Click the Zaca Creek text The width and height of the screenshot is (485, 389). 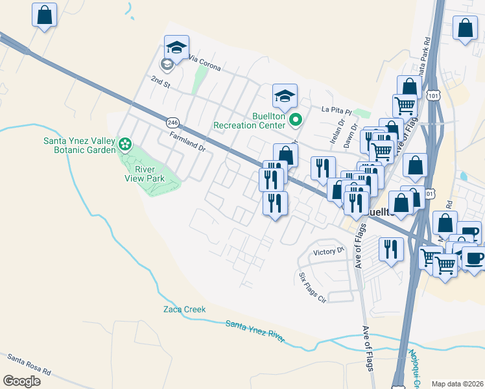tap(184, 309)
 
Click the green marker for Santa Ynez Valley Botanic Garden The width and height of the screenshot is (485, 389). tap(125, 145)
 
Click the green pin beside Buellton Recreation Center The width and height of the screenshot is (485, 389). tap(295, 119)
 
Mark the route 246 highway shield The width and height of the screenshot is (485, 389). tap(172, 122)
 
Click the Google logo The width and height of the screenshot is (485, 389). tap(21, 381)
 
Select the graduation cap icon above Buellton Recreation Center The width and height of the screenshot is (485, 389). tap(284, 96)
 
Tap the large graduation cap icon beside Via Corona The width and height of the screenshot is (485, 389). tap(176, 47)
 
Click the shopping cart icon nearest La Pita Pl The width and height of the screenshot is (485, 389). tap(405, 104)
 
